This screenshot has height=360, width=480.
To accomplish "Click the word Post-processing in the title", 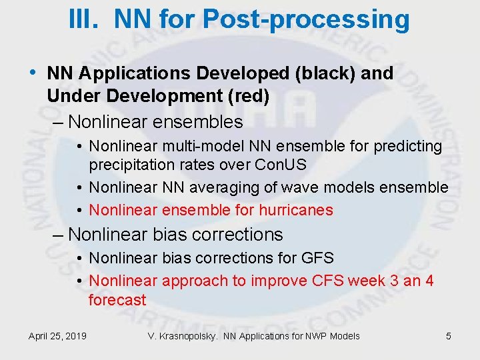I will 307,20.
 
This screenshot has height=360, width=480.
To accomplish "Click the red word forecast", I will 117,300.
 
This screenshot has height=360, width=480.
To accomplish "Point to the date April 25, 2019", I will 57,336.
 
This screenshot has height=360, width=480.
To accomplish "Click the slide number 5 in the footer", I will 449,336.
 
